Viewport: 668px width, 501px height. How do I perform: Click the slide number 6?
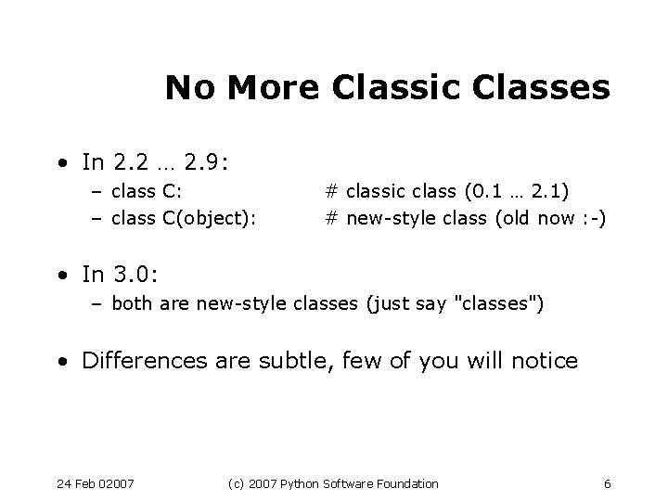point(607,483)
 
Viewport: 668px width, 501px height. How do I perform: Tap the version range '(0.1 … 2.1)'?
point(517,192)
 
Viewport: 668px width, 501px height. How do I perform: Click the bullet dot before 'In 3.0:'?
point(61,275)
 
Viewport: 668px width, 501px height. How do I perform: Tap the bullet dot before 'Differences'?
point(61,361)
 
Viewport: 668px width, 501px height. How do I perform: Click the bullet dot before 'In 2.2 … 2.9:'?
point(61,164)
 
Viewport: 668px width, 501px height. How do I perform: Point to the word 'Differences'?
point(139,360)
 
